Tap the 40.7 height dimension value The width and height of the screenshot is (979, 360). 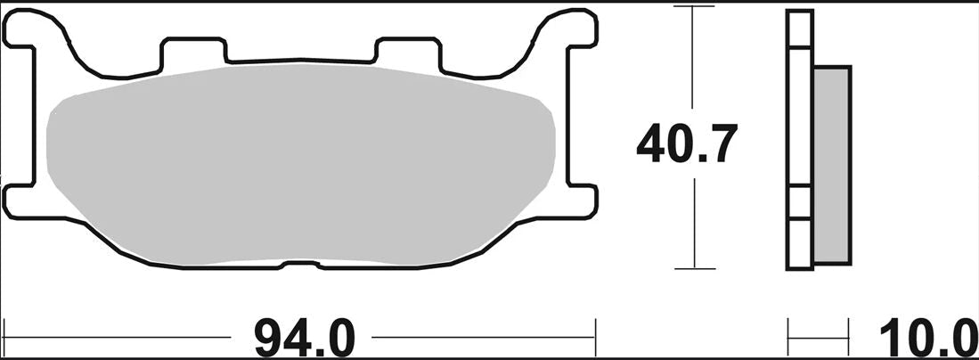(x=686, y=144)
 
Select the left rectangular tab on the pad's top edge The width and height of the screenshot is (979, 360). (x=194, y=52)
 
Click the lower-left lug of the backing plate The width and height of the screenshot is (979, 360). (x=22, y=200)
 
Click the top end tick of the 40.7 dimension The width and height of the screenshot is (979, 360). (x=694, y=7)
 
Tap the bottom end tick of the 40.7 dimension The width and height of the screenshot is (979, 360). (x=694, y=267)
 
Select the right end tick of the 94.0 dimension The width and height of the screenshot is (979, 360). (x=594, y=338)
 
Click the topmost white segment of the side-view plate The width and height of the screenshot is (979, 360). (x=799, y=28)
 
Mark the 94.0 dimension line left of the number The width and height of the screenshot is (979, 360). (x=116, y=338)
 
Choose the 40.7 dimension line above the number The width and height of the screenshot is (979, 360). (x=694, y=62)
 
